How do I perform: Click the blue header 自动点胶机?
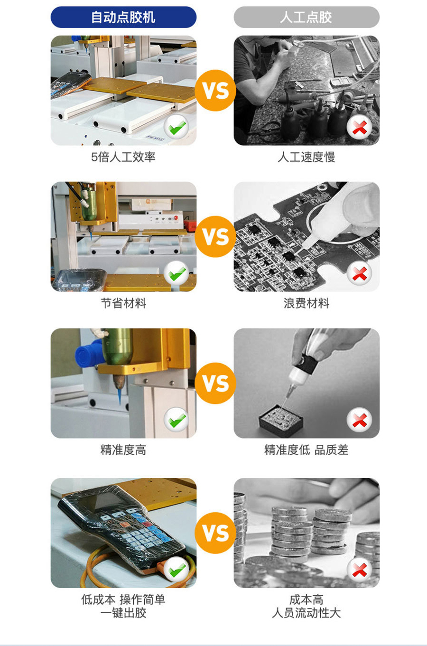pos(123,17)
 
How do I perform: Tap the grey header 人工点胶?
pos(306,17)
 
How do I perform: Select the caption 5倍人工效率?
pos(123,157)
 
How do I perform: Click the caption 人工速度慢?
pos(306,157)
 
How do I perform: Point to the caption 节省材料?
pos(123,303)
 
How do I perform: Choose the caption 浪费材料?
pos(306,303)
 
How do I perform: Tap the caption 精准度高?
pos(123,450)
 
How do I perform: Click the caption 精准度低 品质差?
pos(306,450)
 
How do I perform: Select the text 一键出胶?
pos(123,613)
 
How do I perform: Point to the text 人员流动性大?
pos(306,613)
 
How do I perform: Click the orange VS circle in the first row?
pos(215,90)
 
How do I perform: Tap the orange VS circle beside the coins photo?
pos(215,533)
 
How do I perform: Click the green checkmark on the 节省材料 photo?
pos(176,273)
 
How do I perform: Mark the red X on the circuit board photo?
pos(359,273)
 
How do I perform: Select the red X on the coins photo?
pos(359,570)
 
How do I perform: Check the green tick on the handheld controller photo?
pos(176,570)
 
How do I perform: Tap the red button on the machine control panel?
pos(176,217)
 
